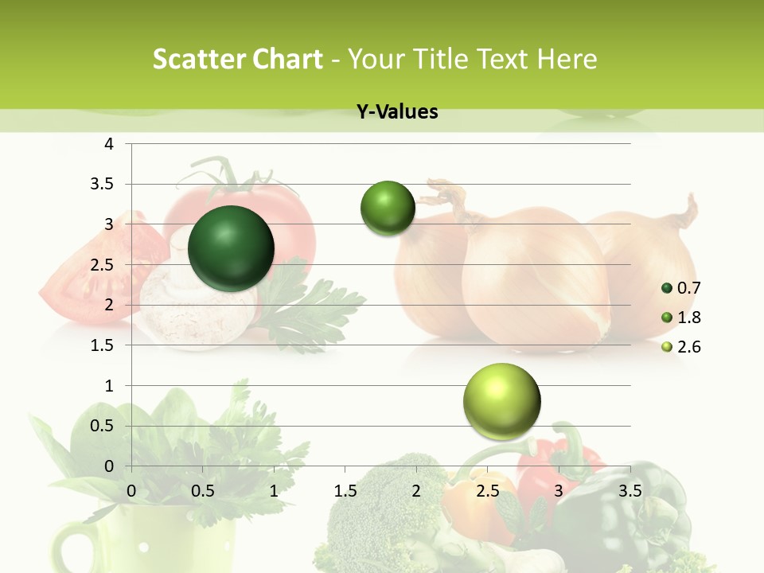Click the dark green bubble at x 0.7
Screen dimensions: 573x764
point(231,248)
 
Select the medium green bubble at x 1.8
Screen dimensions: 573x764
point(388,209)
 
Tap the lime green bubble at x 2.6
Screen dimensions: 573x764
point(501,401)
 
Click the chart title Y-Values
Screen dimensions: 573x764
point(397,112)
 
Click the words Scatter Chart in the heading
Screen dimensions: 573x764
point(238,59)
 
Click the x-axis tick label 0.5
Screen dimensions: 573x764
point(203,491)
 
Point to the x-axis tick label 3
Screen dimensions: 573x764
point(559,491)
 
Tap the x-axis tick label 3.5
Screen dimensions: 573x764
point(630,491)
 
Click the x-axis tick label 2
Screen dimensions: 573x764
point(416,491)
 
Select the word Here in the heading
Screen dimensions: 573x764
point(566,59)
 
